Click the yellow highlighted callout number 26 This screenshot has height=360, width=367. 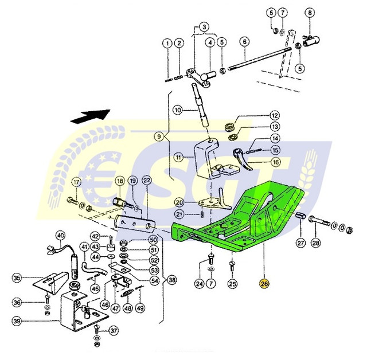[264, 284]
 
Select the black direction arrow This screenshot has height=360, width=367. [91, 116]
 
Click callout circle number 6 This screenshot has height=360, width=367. [245, 42]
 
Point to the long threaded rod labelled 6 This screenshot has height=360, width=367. [259, 58]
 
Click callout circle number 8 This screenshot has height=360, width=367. [310, 13]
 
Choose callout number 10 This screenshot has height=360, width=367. [178, 109]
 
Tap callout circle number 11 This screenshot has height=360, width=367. [179, 157]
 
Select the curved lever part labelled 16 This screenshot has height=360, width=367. [242, 158]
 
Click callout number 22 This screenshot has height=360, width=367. [147, 181]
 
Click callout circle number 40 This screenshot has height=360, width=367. [60, 236]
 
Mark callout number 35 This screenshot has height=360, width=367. [17, 278]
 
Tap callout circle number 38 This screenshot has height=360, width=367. [172, 280]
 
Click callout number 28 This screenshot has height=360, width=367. [316, 243]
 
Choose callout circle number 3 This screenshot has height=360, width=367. [204, 27]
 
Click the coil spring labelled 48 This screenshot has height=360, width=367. [127, 293]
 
